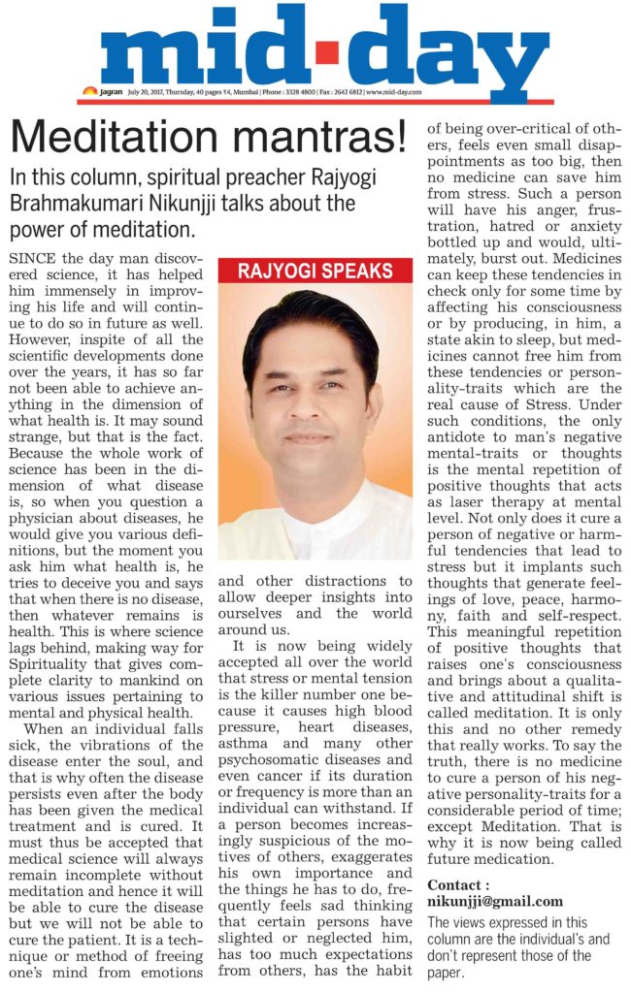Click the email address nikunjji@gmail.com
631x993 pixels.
pos(495,901)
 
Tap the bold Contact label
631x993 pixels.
pos(460,884)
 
